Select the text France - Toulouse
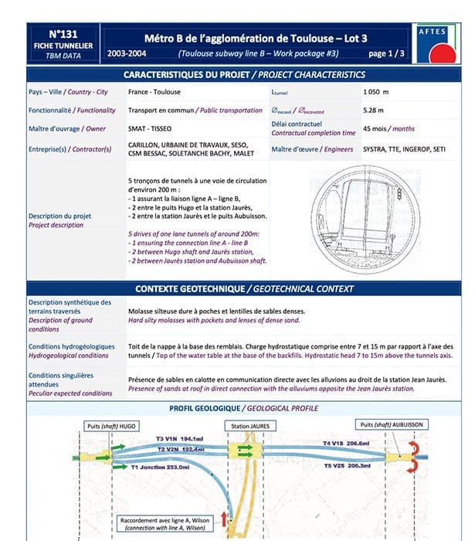click(x=156, y=92)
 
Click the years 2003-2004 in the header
click(x=130, y=54)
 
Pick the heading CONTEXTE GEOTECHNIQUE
click(x=244, y=289)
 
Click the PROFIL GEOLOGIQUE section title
click(x=245, y=408)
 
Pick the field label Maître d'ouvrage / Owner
click(x=67, y=128)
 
